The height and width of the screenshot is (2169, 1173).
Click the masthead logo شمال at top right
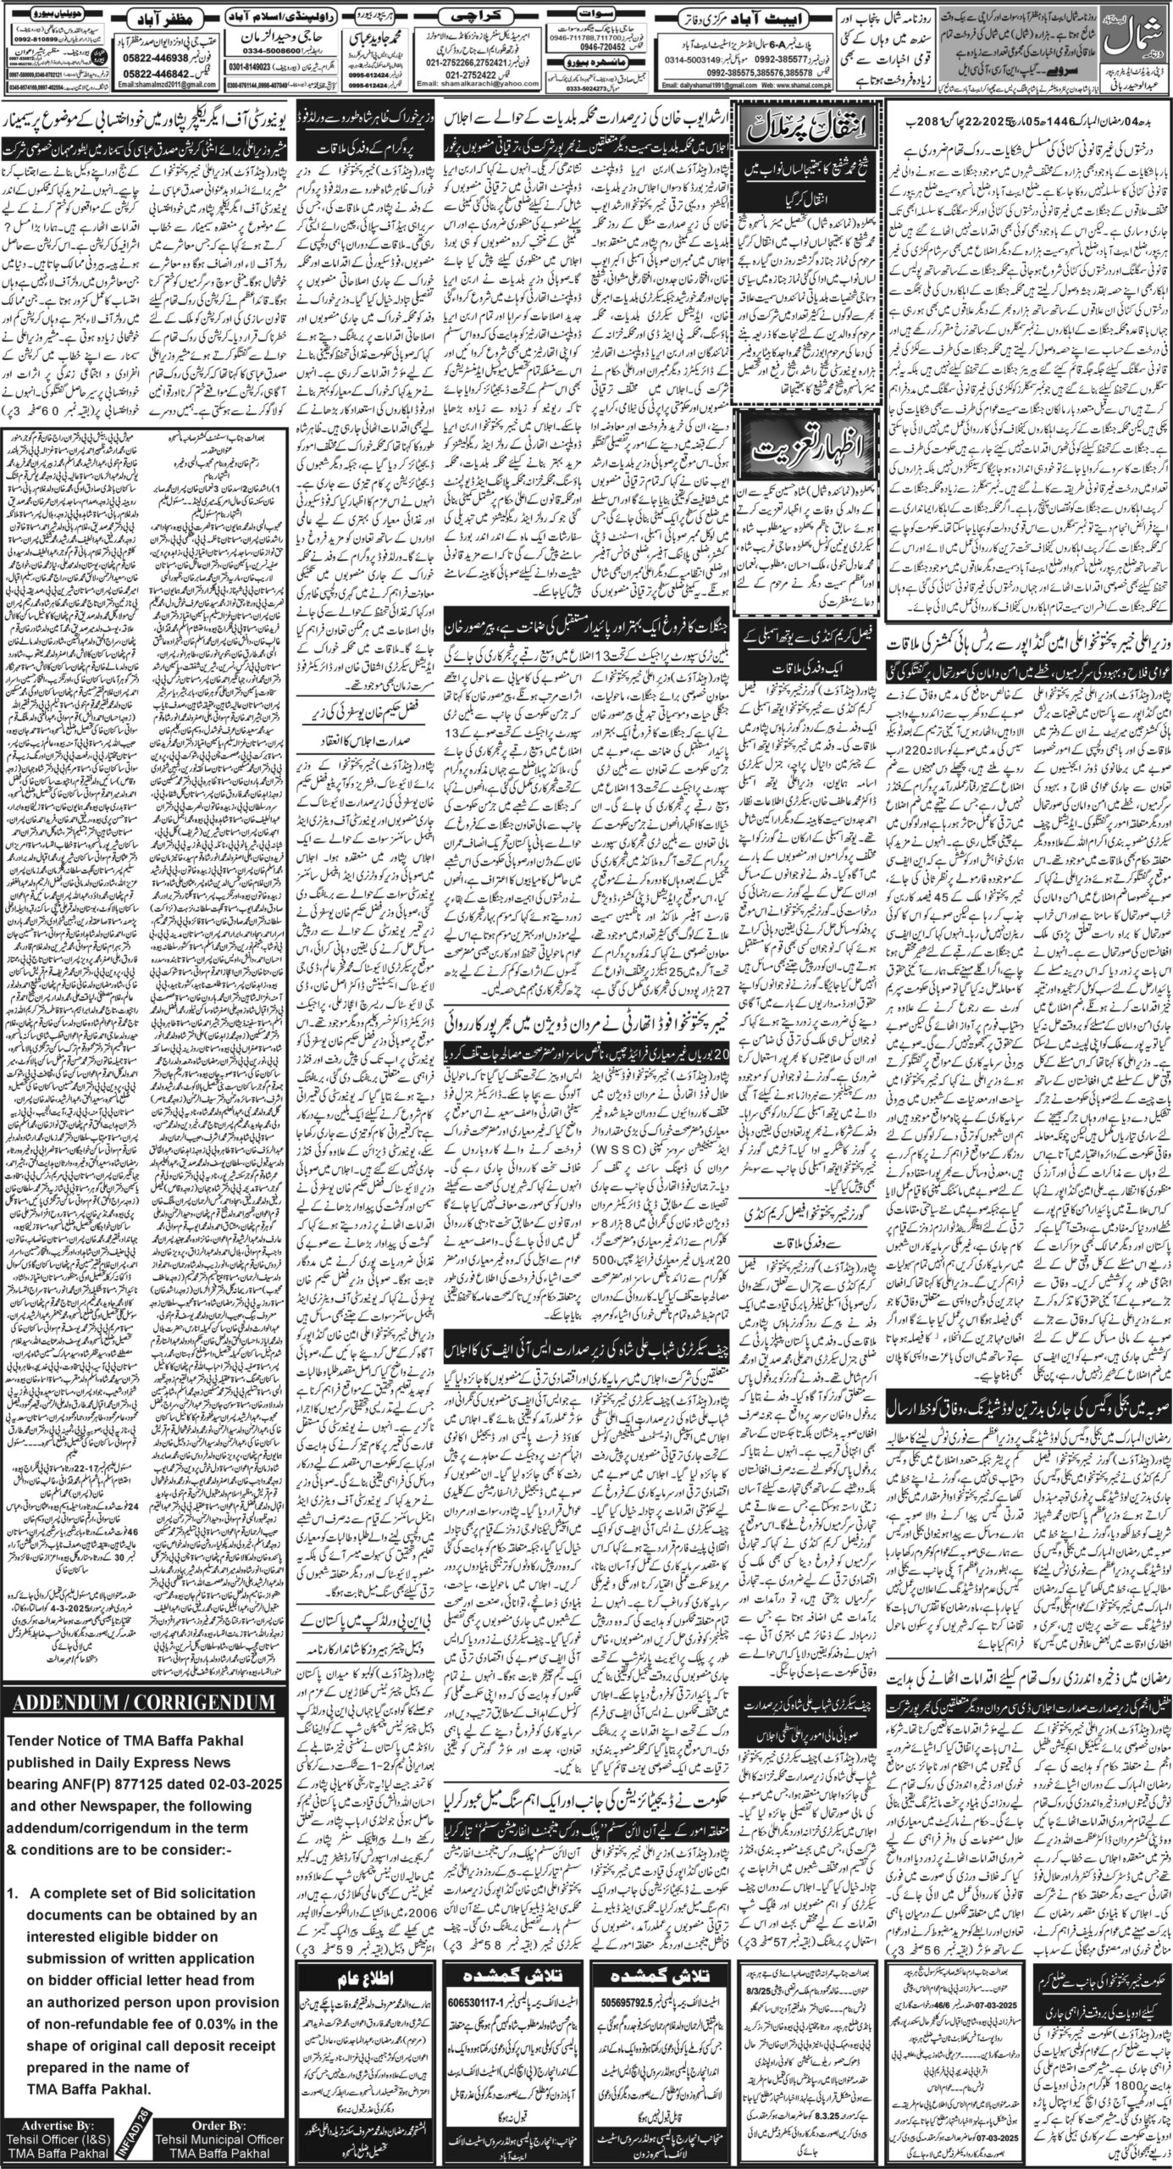coord(1134,37)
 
